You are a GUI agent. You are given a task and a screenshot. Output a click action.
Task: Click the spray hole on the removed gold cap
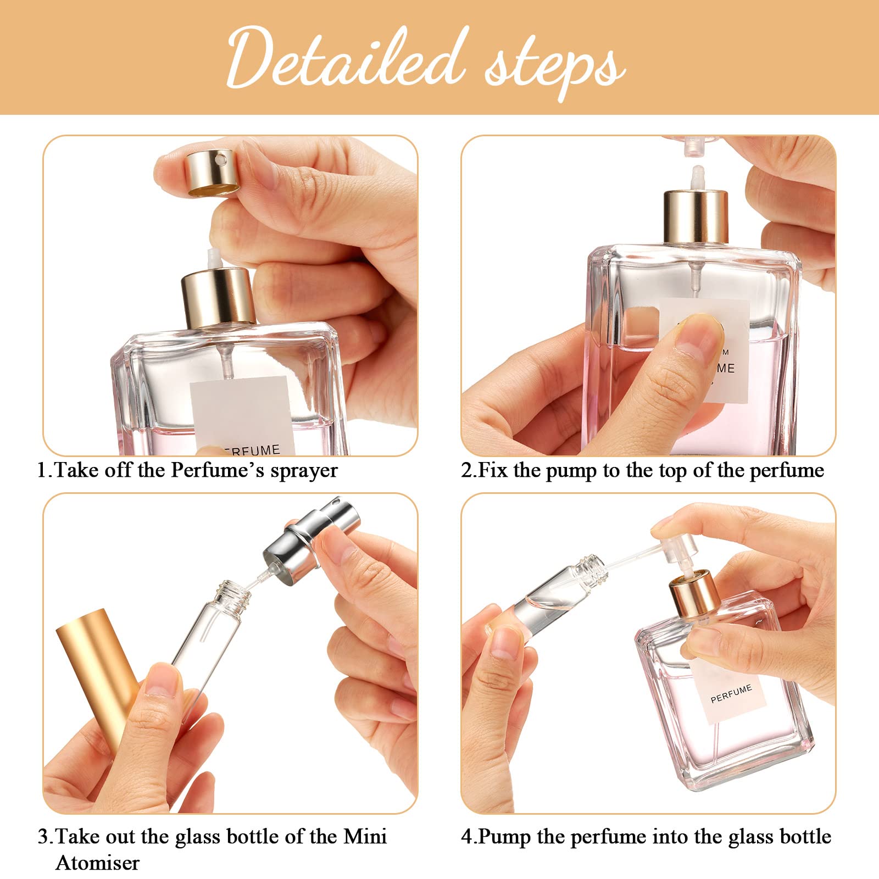tap(221, 160)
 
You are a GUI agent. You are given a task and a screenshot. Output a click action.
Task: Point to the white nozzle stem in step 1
tap(212, 258)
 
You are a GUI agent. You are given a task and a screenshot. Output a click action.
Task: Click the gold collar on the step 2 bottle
tap(696, 216)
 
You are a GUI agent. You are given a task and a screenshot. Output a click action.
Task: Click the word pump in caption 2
tap(571, 471)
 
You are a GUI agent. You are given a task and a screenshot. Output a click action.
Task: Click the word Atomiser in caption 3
tap(98, 863)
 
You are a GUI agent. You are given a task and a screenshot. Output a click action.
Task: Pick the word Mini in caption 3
tap(365, 837)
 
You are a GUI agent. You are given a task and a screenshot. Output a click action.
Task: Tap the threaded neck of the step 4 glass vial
tap(593, 568)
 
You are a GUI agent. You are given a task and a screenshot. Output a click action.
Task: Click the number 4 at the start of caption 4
tap(467, 837)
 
